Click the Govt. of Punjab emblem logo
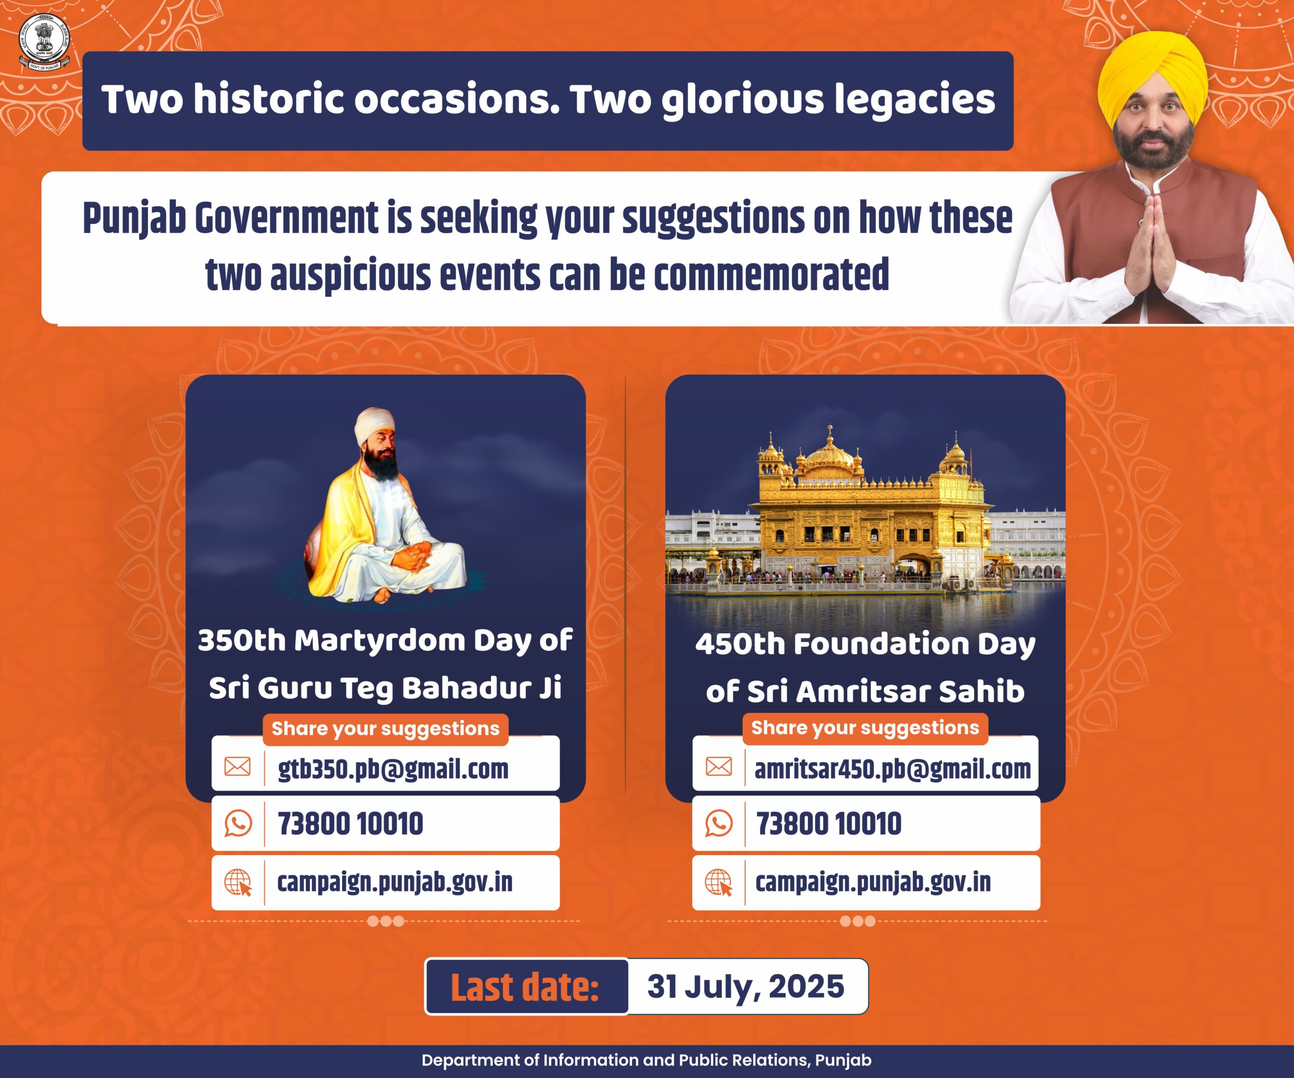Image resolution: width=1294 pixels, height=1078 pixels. (44, 42)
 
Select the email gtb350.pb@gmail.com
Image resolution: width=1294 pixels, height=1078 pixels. (393, 768)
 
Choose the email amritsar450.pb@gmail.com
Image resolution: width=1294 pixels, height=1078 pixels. (892, 768)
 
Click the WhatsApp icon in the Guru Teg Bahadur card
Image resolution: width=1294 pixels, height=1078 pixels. (238, 823)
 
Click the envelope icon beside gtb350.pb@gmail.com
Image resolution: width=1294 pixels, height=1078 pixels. (237, 766)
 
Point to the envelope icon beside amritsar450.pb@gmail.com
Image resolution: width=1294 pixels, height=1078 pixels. (718, 766)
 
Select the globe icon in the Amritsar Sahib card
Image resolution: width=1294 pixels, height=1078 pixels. (718, 882)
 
